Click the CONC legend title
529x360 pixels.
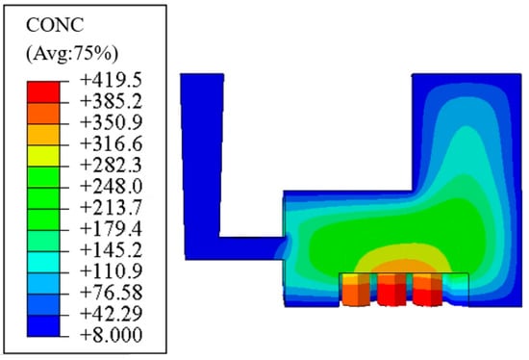(55, 25)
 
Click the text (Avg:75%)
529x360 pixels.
(72, 54)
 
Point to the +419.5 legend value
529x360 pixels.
(111, 80)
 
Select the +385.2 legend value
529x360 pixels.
(111, 101)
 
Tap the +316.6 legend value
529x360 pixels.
(111, 143)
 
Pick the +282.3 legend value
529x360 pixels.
(111, 166)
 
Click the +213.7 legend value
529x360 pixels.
(111, 207)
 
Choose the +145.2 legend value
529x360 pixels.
(111, 250)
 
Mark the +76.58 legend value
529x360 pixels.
(111, 293)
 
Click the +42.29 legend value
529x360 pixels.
(111, 314)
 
